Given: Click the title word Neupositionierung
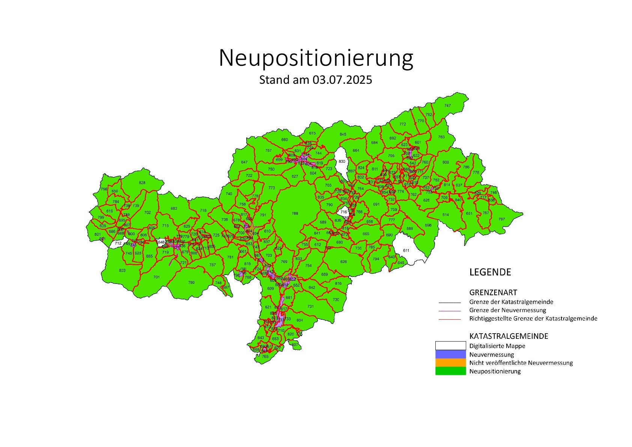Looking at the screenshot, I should click(x=316, y=58).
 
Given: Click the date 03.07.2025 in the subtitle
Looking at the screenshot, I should click(x=342, y=80).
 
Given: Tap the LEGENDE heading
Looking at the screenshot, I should click(x=490, y=272).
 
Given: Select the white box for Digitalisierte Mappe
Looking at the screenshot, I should click(x=450, y=346).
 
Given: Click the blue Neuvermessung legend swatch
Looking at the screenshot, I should click(x=450, y=354).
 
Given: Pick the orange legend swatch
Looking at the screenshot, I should click(x=450, y=362).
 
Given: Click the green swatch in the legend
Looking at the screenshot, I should click(x=450, y=371).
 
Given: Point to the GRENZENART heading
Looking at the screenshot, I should click(x=493, y=292).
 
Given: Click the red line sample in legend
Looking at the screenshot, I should click(x=450, y=319).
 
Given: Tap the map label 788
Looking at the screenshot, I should click(x=295, y=213).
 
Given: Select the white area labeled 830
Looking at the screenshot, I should click(x=342, y=162).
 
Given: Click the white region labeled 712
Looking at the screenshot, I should click(x=118, y=243).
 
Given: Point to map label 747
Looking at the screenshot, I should click(x=447, y=106).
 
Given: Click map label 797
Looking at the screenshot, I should click(x=501, y=219).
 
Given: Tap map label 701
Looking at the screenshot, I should click(x=156, y=277).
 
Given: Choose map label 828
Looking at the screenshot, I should click(x=142, y=183).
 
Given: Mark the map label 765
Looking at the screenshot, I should click(x=265, y=356).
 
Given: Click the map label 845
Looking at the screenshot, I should click(x=343, y=134).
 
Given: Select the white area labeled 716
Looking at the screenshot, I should click(x=344, y=212).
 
